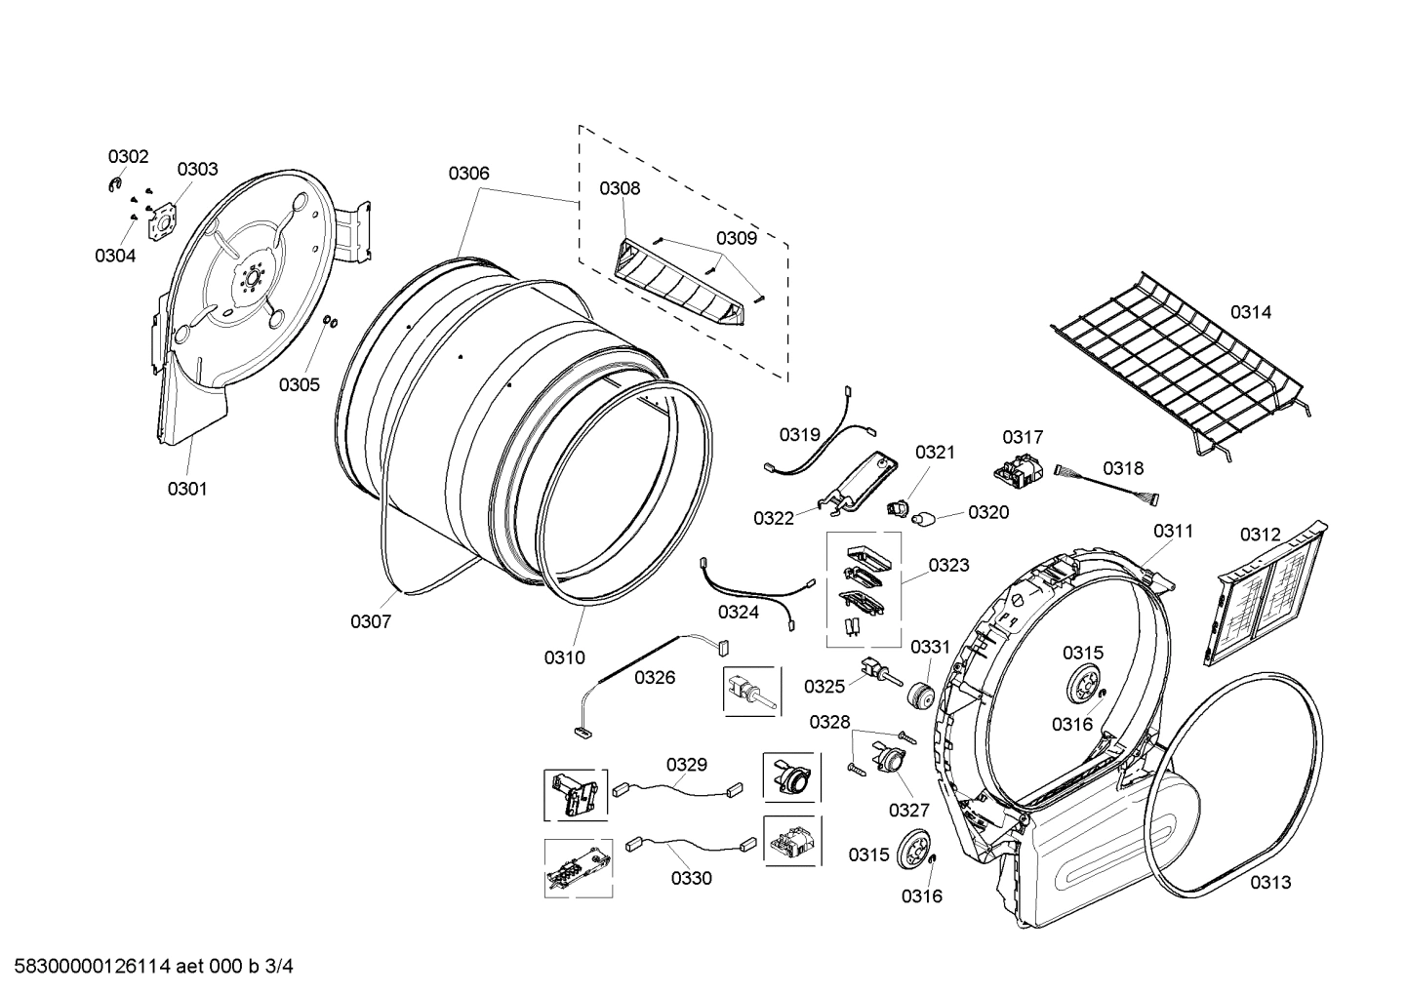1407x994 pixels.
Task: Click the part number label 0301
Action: pyautogui.click(x=186, y=489)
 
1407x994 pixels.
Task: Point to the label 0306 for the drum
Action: pyautogui.click(x=468, y=174)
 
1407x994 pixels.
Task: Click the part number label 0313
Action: pyautogui.click(x=1270, y=882)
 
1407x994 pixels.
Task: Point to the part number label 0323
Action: pyautogui.click(x=948, y=565)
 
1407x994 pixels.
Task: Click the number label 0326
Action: pyautogui.click(x=655, y=677)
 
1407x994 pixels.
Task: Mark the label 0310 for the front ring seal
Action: pyautogui.click(x=564, y=657)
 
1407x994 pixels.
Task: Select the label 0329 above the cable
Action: pyautogui.click(x=687, y=765)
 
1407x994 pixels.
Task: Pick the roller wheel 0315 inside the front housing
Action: pyautogui.click(x=1083, y=685)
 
